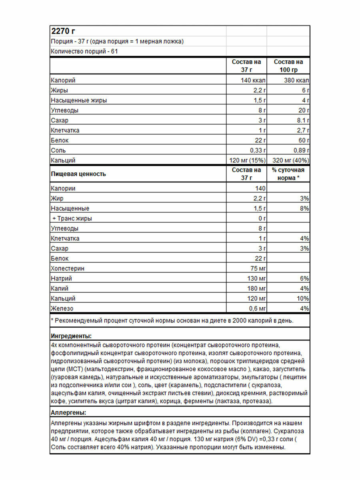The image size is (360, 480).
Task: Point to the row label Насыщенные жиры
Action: coord(79,100)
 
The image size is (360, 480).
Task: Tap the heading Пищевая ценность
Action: coord(78,174)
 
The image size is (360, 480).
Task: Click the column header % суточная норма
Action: coord(288,174)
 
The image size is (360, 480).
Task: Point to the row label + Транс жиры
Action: coord(72,218)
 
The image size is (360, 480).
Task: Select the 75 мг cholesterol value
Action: coord(258,268)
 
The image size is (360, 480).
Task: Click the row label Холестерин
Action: coord(68,268)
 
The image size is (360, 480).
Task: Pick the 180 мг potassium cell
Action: coord(256,288)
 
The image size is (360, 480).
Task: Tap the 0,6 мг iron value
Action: coord(257,308)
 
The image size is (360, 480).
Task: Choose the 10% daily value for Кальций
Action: coord(303,298)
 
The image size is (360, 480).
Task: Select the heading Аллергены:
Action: coord(69,412)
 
